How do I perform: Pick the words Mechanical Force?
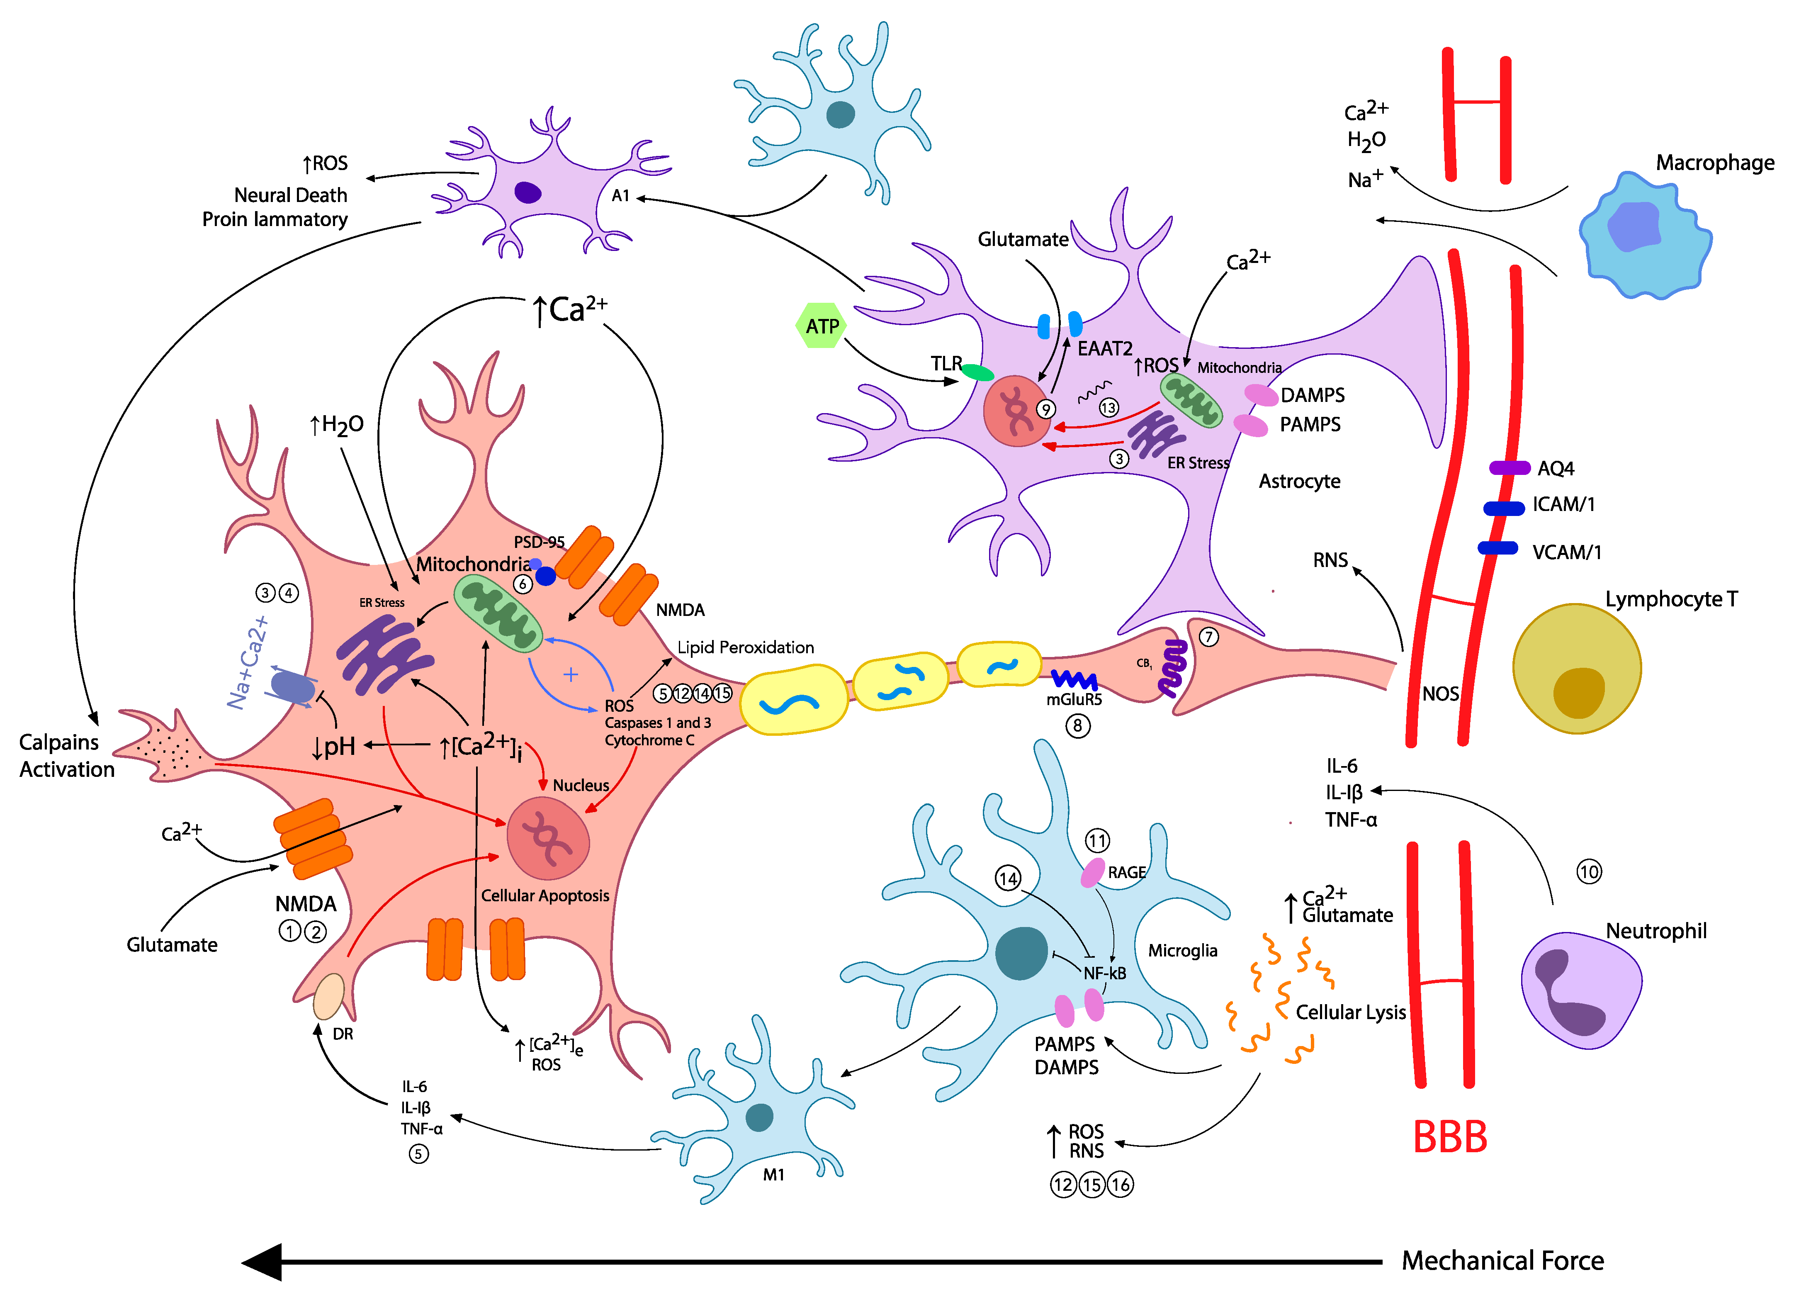pyautogui.click(x=1502, y=1260)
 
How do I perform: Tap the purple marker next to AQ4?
pyautogui.click(x=1509, y=467)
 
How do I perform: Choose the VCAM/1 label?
pyautogui.click(x=1566, y=552)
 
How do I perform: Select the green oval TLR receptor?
pyautogui.click(x=978, y=372)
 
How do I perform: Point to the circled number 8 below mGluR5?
pyautogui.click(x=1077, y=725)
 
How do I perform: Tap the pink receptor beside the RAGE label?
pyautogui.click(x=1092, y=873)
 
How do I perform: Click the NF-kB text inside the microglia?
pyautogui.click(x=1104, y=973)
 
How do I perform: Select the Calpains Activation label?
pyautogui.click(x=66, y=756)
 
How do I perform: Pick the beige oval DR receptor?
pyautogui.click(x=328, y=997)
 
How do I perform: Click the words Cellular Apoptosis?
pyautogui.click(x=545, y=895)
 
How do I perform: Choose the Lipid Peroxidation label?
pyautogui.click(x=745, y=647)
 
